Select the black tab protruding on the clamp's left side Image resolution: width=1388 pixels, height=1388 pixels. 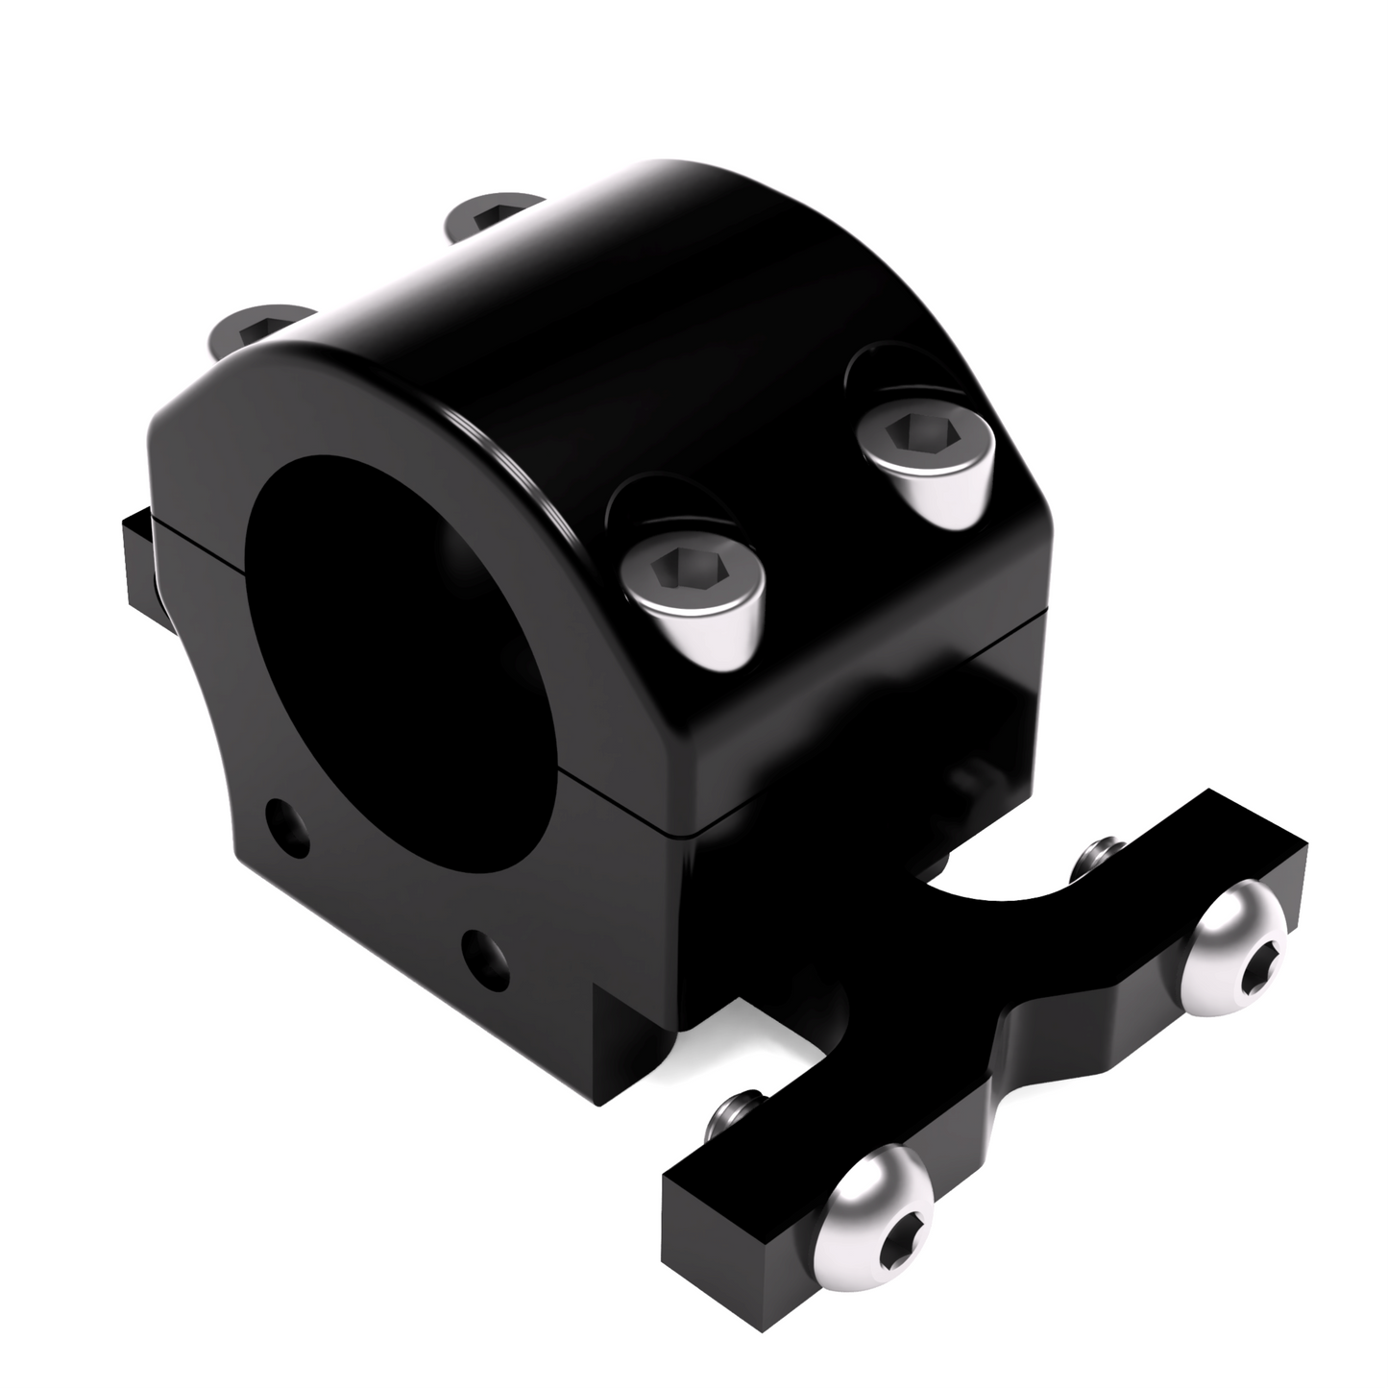point(139,557)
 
